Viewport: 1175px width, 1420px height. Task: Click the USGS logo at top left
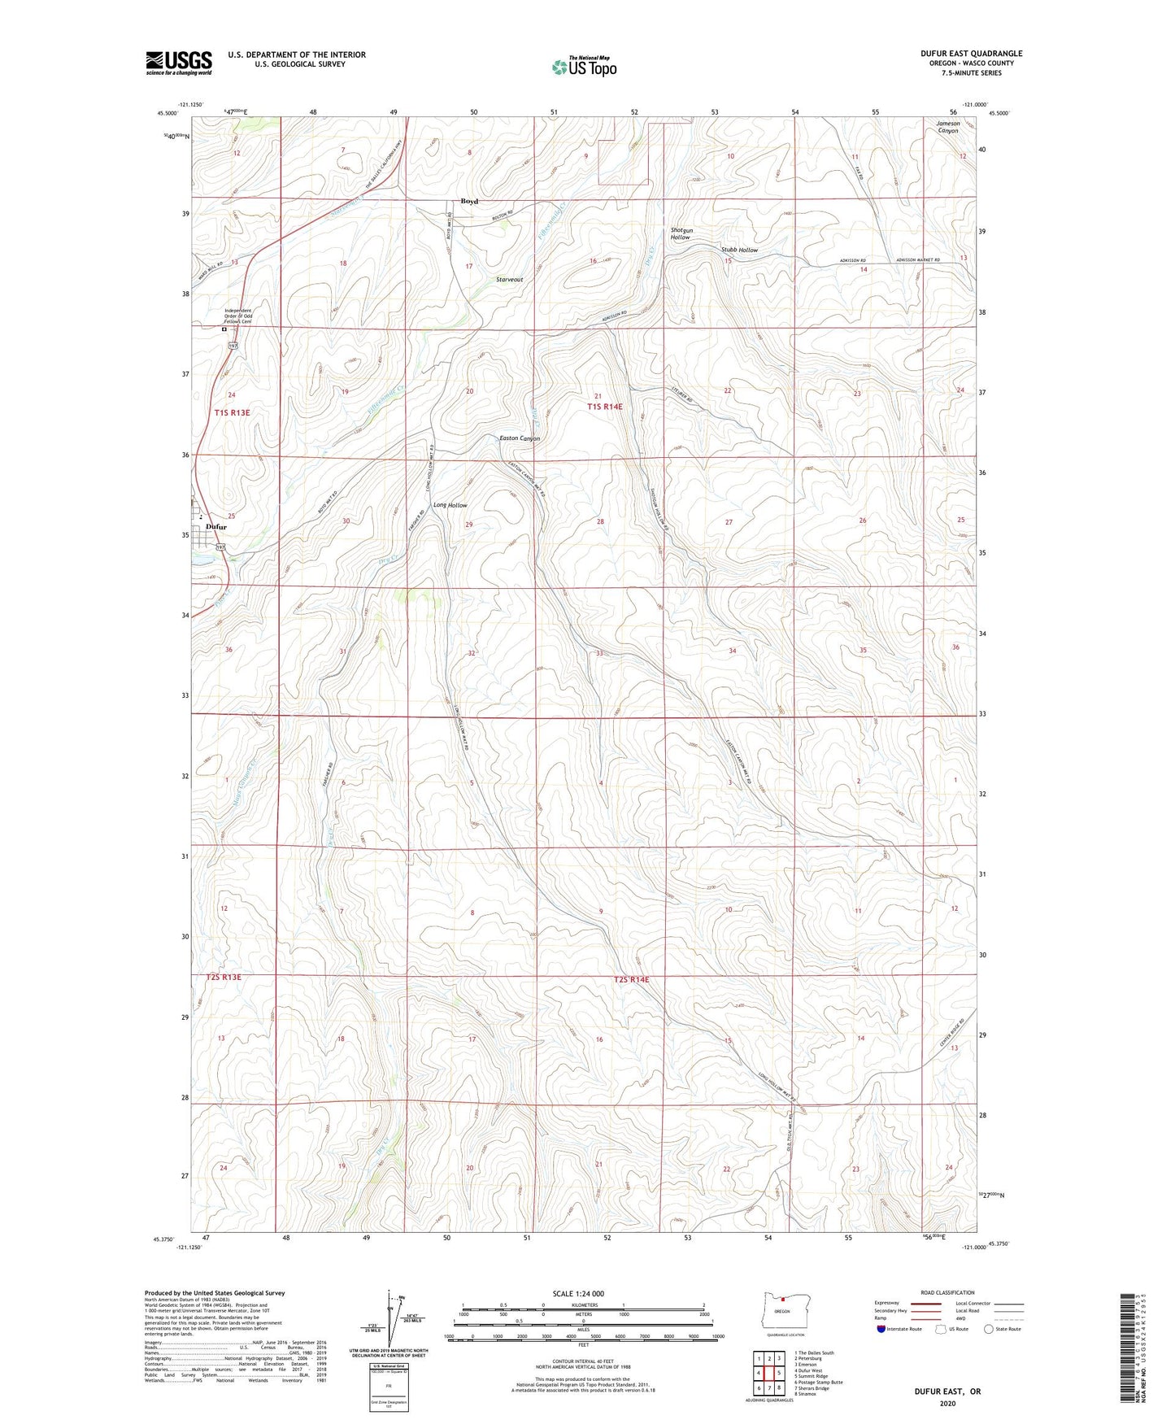tap(179, 62)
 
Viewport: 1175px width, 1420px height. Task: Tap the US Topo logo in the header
tap(584, 67)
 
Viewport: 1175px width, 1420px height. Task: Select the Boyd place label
tap(469, 201)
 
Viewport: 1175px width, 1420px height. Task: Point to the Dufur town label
tap(215, 527)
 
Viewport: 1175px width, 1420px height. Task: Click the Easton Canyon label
tap(519, 438)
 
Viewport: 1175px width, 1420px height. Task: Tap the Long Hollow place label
tap(450, 505)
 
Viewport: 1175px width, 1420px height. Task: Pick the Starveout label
tap(510, 279)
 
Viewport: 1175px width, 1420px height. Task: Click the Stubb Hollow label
tap(739, 250)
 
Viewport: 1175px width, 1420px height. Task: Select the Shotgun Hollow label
tap(681, 233)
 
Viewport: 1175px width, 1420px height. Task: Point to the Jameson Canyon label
tap(948, 127)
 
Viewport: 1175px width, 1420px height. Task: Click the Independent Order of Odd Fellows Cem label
tap(238, 316)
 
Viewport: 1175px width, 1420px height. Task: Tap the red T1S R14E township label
tap(605, 406)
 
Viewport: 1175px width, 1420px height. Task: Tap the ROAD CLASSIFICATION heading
tap(948, 1292)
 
